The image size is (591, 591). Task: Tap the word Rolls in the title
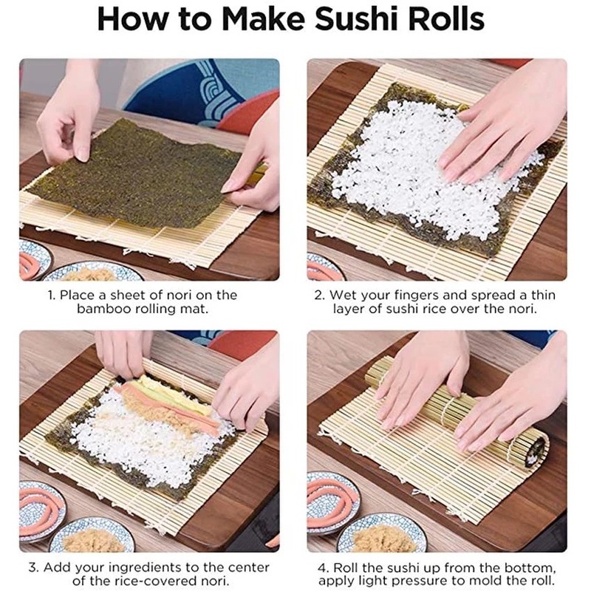[447, 19]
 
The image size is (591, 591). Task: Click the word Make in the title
[264, 19]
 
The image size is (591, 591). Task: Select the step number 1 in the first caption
[52, 295]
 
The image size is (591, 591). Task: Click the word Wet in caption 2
[341, 295]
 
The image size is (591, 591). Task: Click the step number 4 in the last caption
[321, 567]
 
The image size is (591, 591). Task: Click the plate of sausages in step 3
[40, 510]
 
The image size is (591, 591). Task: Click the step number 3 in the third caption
[33, 567]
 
